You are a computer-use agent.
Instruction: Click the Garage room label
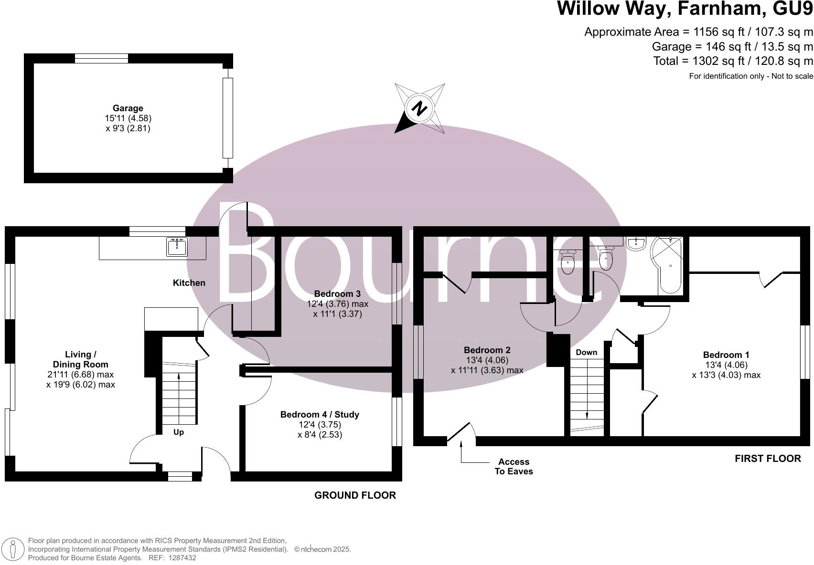pyautogui.click(x=128, y=108)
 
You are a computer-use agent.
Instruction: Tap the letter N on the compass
pyautogui.click(x=420, y=109)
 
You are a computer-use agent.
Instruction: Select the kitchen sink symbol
pyautogui.click(x=177, y=246)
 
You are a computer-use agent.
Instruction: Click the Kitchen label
pyautogui.click(x=189, y=283)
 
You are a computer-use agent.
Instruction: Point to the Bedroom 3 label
pyautogui.click(x=337, y=294)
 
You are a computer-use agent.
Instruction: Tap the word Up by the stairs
pyautogui.click(x=178, y=432)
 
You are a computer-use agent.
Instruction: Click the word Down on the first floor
pyautogui.click(x=586, y=353)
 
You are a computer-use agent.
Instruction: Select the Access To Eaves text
pyautogui.click(x=514, y=467)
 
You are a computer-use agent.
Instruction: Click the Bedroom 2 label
pyautogui.click(x=487, y=350)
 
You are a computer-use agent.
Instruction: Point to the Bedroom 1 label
pyautogui.click(x=726, y=355)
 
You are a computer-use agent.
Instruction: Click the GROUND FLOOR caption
pyautogui.click(x=355, y=495)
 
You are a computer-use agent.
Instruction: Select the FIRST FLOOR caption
pyautogui.click(x=767, y=459)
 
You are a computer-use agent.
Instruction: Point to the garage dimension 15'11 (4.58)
pyautogui.click(x=128, y=118)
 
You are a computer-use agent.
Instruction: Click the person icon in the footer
pyautogui.click(x=13, y=549)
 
